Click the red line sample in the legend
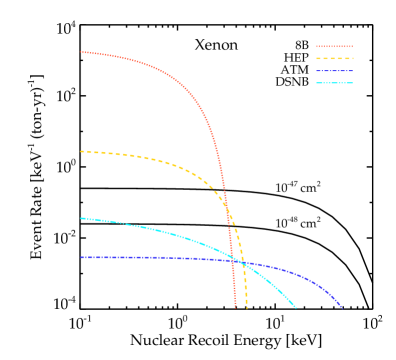(334, 46)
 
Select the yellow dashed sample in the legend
(334, 58)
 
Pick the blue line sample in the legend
(334, 70)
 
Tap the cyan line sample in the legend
(334, 82)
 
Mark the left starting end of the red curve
(81, 52)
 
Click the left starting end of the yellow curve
(81, 151)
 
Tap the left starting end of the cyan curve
(81, 218)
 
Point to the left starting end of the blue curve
(81, 257)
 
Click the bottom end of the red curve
(236, 307)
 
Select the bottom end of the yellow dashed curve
(246, 307)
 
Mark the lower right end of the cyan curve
(296, 308)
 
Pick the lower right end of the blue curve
(342, 307)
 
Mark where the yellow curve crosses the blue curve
(241, 262)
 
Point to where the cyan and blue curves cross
(240, 261)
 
